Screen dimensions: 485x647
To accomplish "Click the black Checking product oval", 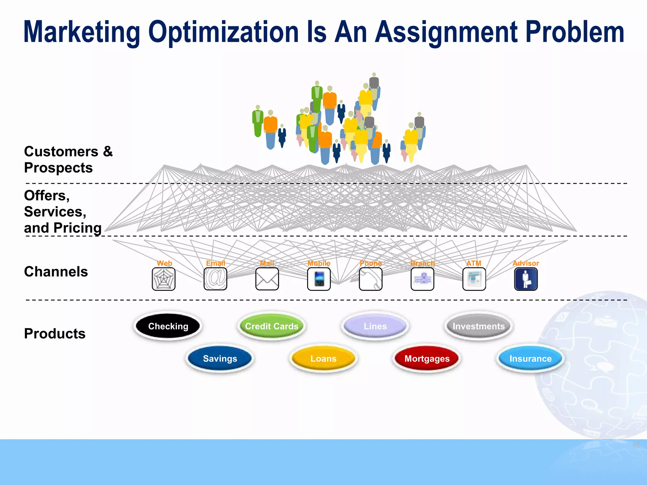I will click(168, 326).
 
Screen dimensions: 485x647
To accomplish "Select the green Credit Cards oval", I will click(272, 326).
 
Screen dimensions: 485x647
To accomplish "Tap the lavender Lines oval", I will click(375, 326).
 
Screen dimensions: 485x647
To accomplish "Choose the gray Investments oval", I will click(479, 326).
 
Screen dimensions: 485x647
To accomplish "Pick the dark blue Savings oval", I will click(220, 358).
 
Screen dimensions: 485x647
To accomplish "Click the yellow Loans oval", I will click(323, 358).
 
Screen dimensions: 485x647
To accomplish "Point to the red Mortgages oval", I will click(427, 358).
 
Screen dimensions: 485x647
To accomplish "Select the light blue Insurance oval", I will click(530, 358).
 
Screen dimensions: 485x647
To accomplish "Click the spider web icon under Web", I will click(164, 279).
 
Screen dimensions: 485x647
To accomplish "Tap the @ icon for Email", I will click(215, 279).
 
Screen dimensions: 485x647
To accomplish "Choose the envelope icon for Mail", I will click(267, 279).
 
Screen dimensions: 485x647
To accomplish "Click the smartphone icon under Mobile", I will click(319, 279).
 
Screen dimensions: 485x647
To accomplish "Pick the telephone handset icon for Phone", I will click(371, 279).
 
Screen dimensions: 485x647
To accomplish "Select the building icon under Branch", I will click(422, 279).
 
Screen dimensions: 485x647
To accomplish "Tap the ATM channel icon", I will click(474, 279).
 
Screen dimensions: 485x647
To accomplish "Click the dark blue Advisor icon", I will click(526, 279).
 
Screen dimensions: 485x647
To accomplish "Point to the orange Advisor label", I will click(526, 263).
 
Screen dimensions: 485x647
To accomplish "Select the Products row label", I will click(55, 333).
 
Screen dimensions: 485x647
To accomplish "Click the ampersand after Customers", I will click(108, 151).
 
